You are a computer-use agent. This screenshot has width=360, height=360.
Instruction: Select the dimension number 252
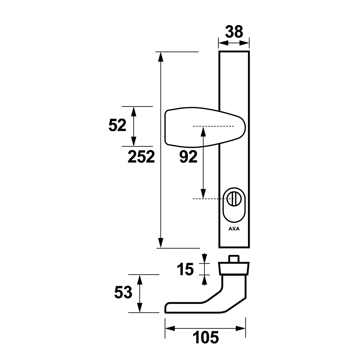pos(141,157)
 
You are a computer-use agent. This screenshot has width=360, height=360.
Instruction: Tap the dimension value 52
pos(117,125)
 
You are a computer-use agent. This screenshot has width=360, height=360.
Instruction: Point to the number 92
pos(188,157)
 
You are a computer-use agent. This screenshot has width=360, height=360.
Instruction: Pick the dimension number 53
pos(123,292)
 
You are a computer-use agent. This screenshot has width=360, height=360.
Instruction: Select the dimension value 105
pos(206,337)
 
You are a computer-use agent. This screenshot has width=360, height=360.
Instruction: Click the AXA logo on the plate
pos(234,229)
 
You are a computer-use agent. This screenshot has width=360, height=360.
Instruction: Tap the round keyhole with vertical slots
pos(234,199)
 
